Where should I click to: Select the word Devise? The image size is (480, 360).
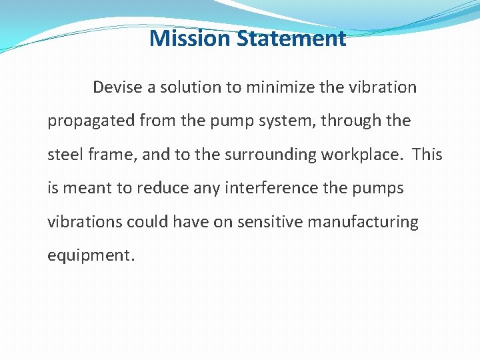coord(115,87)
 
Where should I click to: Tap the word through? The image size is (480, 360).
coord(332,121)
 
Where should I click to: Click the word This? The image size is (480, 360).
coord(427,155)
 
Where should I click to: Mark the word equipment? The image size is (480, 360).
coord(91,256)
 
